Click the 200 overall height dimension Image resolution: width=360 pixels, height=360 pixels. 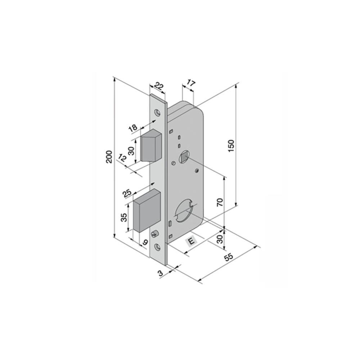tap(110, 157)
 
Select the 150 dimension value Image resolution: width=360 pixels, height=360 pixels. tap(231, 145)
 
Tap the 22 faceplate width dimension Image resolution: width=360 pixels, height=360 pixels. tap(159, 86)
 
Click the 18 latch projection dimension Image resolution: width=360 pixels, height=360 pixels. tap(133, 128)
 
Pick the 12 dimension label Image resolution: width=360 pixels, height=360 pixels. tap(123, 158)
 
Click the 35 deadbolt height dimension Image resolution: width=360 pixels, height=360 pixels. tap(124, 217)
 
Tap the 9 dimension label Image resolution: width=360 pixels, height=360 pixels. tap(145, 242)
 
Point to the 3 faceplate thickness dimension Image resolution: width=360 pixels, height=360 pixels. tap(161, 273)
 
